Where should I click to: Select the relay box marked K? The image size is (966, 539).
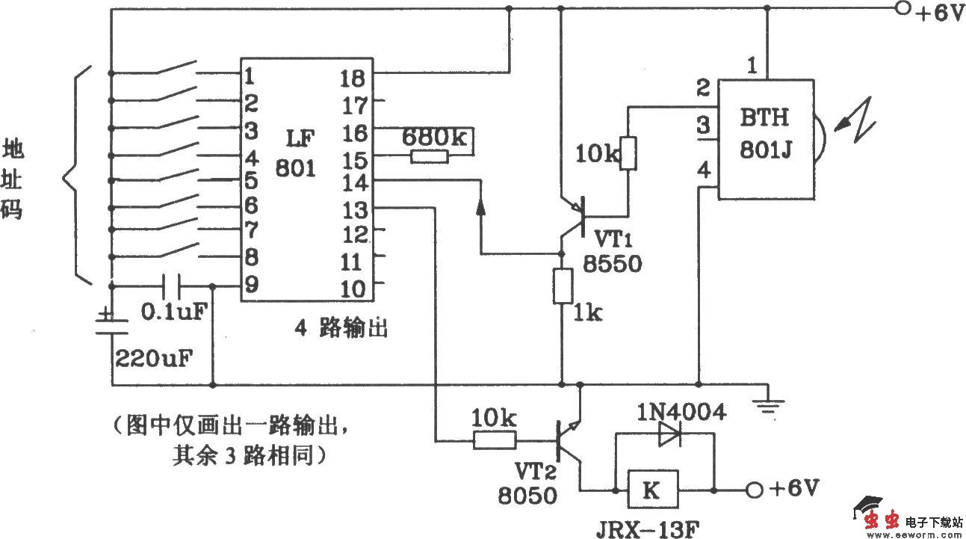point(652,490)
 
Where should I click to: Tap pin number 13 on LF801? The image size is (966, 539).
point(354,209)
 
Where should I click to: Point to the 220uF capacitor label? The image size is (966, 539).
point(153,357)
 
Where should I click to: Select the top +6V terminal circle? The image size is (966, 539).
point(902,10)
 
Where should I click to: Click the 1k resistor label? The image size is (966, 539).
point(587,314)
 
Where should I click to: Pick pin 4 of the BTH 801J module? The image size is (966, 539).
point(703,171)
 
